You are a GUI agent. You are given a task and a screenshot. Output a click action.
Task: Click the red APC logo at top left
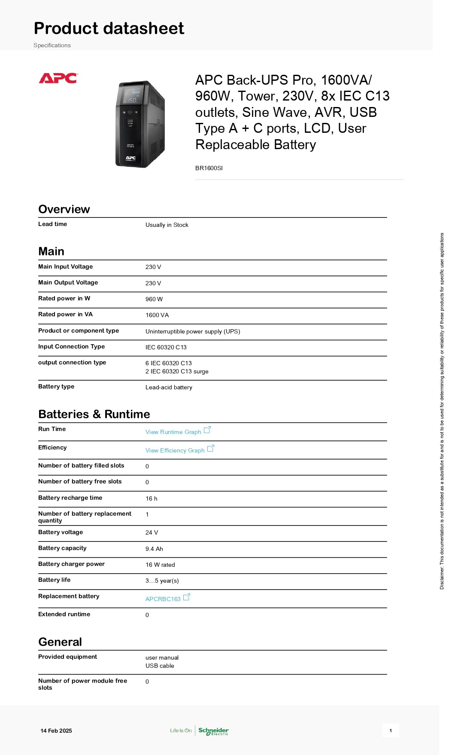pos(58,78)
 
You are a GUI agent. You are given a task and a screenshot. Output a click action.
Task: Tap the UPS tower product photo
pos(140,124)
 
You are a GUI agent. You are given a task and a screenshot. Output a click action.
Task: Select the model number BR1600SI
pos(209,168)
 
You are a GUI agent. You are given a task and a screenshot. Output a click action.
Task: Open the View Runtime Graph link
pos(173,432)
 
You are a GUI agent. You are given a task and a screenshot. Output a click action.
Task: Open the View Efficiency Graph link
pos(175,450)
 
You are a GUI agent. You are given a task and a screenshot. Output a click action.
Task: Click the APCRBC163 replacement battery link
pos(163,599)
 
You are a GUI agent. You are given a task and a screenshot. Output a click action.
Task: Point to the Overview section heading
pos(64,209)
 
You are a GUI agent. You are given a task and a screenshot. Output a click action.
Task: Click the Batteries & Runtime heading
pos(94,414)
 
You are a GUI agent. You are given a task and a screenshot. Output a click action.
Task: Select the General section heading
pos(60,642)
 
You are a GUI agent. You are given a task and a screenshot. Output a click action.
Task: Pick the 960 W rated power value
pos(154,299)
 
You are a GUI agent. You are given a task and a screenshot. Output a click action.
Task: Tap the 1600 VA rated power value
pos(157,315)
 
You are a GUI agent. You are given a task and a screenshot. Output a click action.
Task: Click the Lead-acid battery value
pos(169,387)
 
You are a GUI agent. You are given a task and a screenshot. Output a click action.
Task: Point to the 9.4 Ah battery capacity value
pos(154,549)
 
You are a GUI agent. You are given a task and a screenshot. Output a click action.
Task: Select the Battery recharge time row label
pos(70,498)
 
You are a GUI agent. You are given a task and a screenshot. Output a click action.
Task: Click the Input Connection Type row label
pos(71,346)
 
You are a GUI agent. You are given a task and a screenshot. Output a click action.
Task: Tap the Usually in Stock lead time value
pos(167,225)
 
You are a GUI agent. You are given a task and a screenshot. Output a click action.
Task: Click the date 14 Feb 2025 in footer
pos(56,731)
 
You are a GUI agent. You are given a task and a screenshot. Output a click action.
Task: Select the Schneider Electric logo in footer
pos(213,731)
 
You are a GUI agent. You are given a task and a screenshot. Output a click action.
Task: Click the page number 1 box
pos(391,731)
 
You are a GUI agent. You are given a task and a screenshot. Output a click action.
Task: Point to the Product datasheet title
pos(109,28)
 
